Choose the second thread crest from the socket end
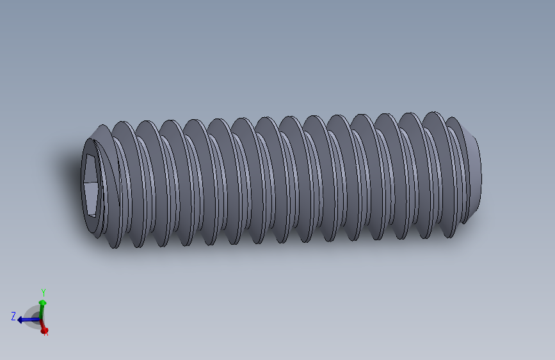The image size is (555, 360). click(x=147, y=186)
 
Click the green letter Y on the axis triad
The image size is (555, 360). click(x=44, y=293)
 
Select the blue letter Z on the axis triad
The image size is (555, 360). click(x=13, y=316)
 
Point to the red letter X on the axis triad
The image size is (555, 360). click(x=46, y=332)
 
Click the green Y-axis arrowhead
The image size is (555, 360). click(x=43, y=302)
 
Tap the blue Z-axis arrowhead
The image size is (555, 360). click(x=21, y=319)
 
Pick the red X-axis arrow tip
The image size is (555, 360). click(x=44, y=329)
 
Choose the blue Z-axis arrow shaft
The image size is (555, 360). click(x=31, y=318)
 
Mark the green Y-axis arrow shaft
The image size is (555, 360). click(x=42, y=311)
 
